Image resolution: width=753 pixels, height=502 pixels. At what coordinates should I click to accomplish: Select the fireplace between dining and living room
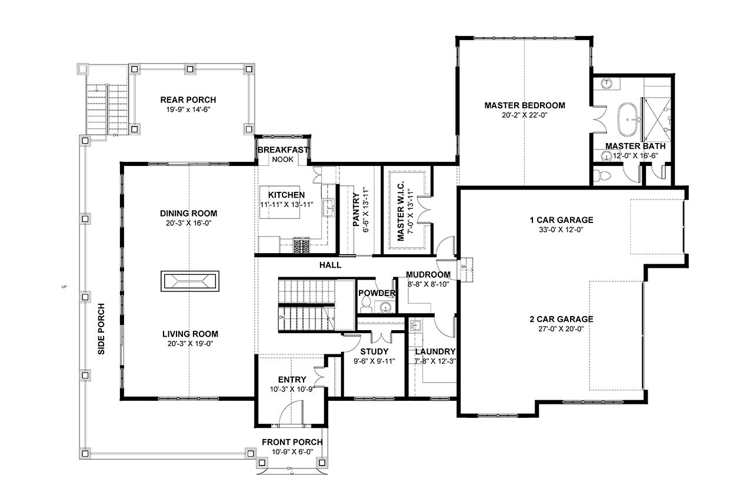[189, 281]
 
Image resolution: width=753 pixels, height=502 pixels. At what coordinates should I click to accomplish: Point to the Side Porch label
[101, 328]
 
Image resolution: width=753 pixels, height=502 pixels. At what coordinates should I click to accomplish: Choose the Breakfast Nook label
[282, 150]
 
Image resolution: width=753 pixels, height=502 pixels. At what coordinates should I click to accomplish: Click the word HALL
[330, 265]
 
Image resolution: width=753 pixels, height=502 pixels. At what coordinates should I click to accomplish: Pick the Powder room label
[376, 293]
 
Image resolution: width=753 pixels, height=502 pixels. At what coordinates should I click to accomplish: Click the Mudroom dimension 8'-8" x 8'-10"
[428, 284]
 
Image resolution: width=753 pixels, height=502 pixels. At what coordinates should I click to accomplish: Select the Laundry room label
[435, 352]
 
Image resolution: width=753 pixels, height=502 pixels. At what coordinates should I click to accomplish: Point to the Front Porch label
[292, 442]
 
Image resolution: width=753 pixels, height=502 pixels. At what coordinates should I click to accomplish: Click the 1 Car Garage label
[561, 220]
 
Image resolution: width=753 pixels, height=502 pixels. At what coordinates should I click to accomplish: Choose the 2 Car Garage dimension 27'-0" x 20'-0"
[561, 330]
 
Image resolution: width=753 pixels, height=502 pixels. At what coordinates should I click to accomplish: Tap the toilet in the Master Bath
[601, 175]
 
